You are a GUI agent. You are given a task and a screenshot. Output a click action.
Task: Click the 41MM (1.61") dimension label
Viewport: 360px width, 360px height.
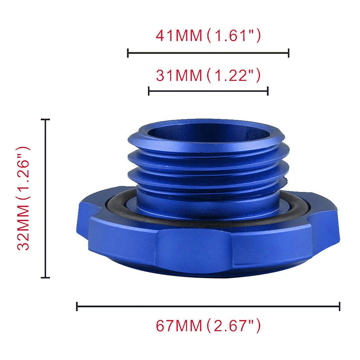click(209, 36)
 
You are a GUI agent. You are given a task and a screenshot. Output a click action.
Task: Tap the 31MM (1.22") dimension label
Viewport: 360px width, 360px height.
click(209, 75)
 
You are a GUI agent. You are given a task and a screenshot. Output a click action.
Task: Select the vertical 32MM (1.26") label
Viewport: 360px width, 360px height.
click(23, 198)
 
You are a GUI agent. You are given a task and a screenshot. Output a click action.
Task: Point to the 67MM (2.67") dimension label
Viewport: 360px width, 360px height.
click(209, 325)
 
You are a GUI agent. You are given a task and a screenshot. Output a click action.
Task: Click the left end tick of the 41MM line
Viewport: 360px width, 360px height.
click(128, 53)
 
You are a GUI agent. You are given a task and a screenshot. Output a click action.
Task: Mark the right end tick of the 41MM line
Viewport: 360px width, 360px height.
click(288, 53)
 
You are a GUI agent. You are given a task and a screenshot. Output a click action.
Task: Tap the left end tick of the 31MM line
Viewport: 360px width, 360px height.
click(149, 91)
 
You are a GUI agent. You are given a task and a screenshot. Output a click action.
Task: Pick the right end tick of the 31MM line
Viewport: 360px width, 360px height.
click(268, 91)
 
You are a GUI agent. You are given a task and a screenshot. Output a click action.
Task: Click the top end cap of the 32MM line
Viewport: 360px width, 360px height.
click(45, 119)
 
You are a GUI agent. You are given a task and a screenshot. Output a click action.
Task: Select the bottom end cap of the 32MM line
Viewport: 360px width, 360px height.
click(45, 278)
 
